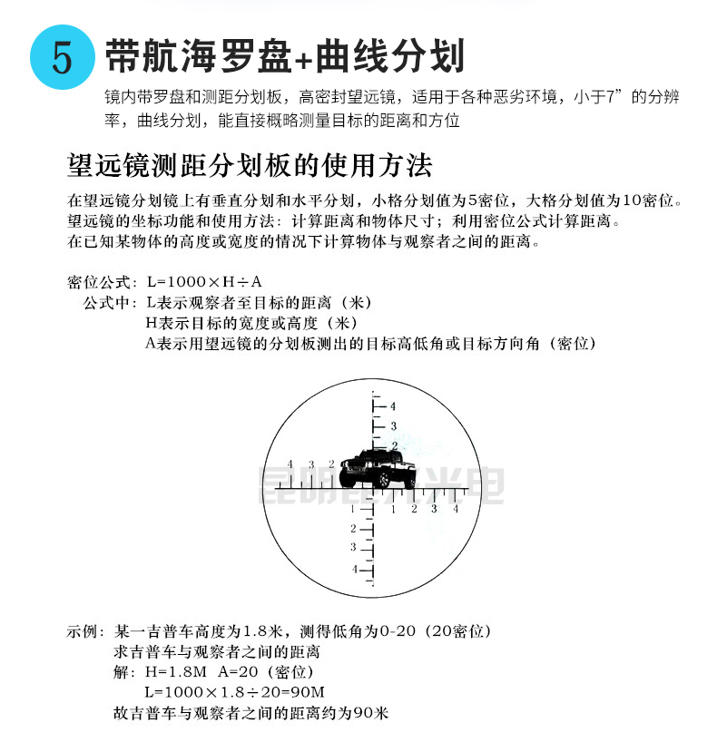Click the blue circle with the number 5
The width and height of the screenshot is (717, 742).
[61, 56]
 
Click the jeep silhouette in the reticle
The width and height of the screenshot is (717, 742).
[376, 468]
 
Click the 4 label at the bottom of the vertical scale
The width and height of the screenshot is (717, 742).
[354, 569]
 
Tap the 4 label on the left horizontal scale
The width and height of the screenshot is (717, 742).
[290, 463]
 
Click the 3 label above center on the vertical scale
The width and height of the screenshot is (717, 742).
[393, 425]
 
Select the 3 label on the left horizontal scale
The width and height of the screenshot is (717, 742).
[310, 463]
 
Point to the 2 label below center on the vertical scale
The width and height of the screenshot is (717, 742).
[354, 528]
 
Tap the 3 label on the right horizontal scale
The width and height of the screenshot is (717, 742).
[433, 509]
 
